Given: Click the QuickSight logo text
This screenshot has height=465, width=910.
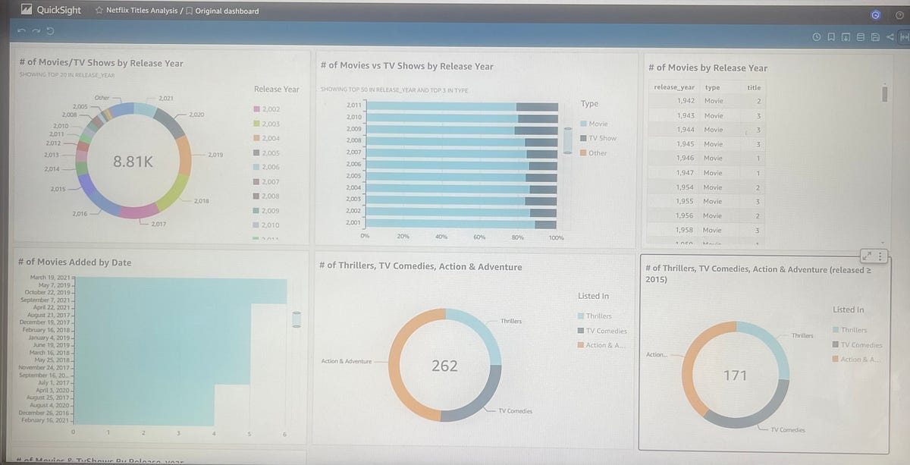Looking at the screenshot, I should (59, 11).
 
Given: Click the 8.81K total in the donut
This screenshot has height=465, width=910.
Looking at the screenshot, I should (133, 161).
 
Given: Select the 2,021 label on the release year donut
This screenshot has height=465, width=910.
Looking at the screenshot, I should (165, 99).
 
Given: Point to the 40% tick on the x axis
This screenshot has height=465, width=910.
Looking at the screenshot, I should (441, 237).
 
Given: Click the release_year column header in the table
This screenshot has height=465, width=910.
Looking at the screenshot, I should (673, 87).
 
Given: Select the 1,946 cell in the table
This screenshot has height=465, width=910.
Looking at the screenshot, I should (685, 158).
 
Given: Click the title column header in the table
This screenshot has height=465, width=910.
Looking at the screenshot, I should (753, 87).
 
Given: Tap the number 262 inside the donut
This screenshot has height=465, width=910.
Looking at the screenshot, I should (444, 366).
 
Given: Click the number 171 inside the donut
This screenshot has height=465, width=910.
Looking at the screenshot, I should (735, 375).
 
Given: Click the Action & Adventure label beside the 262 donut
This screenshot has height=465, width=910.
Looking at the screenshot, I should (347, 361).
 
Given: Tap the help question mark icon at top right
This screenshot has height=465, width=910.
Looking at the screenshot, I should (899, 14).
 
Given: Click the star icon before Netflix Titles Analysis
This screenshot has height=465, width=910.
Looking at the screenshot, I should (99, 11).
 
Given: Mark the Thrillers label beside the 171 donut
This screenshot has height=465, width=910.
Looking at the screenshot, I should (802, 335).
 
